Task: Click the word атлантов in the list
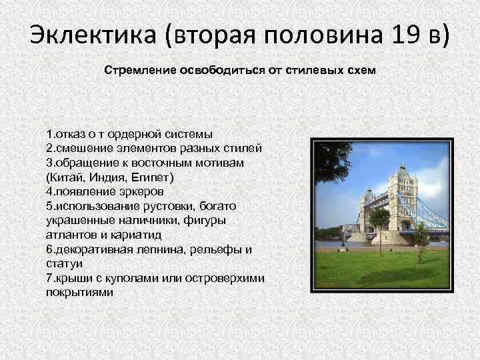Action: [70, 235]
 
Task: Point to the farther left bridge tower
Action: [368, 210]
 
